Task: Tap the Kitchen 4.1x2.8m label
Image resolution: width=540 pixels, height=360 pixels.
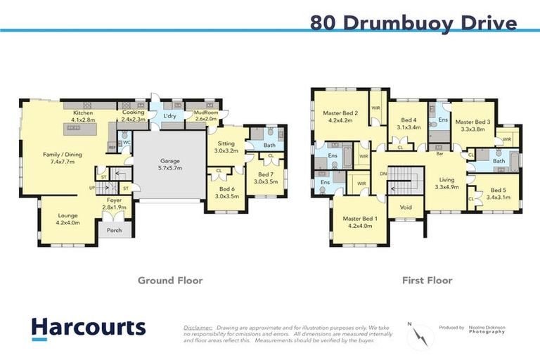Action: [84, 116]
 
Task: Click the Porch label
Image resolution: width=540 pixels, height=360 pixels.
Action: [114, 230]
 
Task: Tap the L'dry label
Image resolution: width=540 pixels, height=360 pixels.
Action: [169, 115]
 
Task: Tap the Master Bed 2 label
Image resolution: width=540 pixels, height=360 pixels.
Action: [340, 116]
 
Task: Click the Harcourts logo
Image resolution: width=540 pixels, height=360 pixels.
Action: [89, 328]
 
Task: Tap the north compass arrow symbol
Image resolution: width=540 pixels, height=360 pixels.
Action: [420, 335]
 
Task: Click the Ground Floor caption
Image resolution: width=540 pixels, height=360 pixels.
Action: [169, 281]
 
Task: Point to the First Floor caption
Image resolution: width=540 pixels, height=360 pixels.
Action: [427, 281]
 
